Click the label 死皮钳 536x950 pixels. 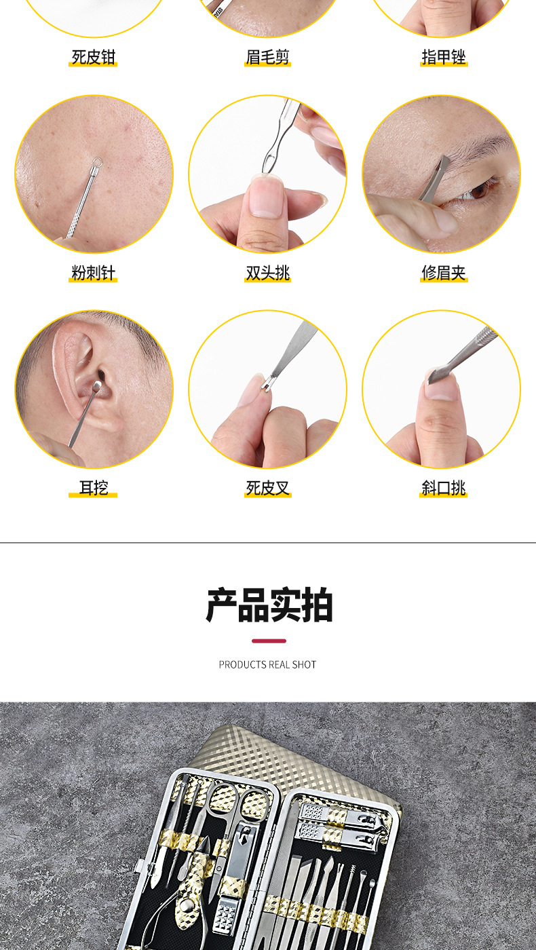[93, 57]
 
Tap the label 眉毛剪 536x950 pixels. [267, 57]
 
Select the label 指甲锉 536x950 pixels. [444, 57]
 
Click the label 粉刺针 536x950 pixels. [93, 273]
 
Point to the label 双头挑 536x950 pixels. [267, 273]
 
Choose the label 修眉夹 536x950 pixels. [444, 273]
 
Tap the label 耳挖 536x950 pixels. [93, 487]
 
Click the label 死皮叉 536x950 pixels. [267, 487]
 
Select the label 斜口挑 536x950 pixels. [444, 487]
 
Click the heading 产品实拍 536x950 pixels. [269, 606]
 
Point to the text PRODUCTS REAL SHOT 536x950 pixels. [267, 664]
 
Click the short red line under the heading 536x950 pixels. [269, 641]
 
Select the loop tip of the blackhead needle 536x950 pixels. [97, 162]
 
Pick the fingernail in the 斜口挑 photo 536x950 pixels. [440, 387]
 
